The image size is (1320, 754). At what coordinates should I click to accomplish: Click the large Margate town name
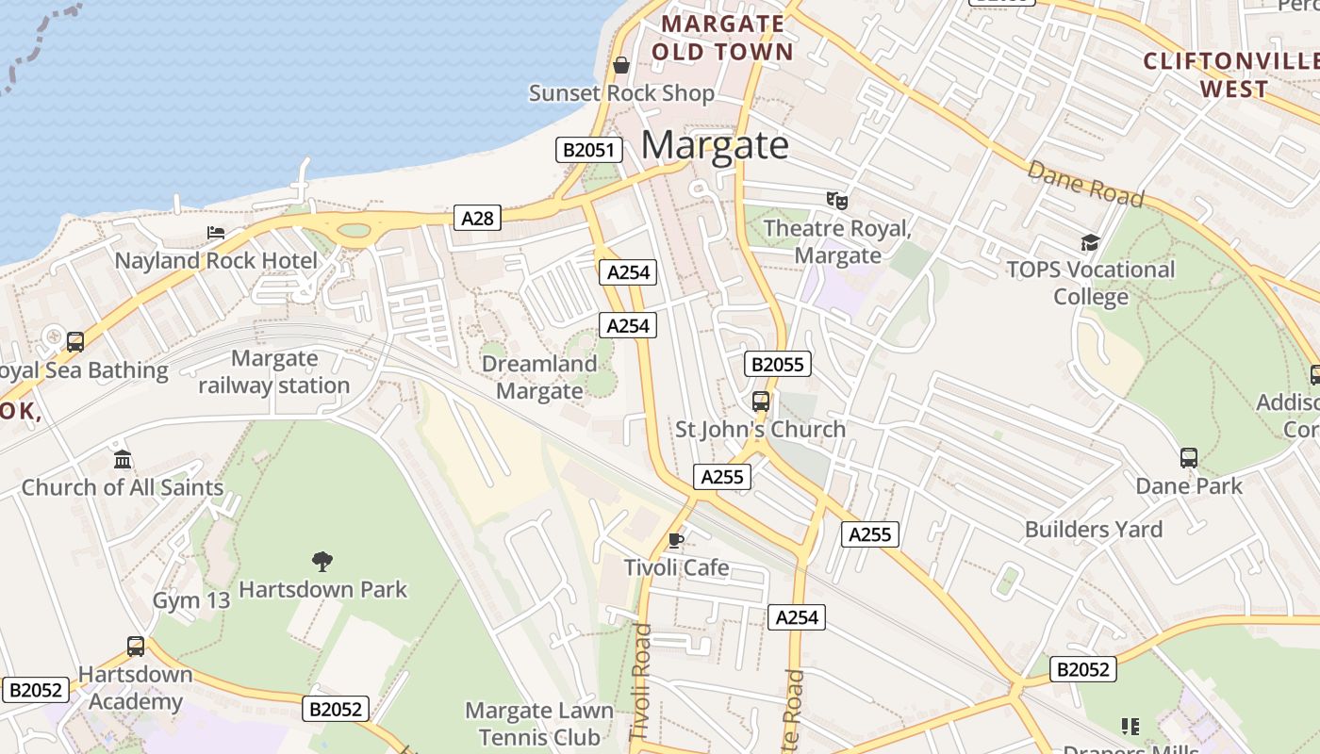(x=715, y=145)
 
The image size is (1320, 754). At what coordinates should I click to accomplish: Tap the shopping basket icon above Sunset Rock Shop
(x=621, y=65)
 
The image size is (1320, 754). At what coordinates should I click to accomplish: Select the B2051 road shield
(x=589, y=150)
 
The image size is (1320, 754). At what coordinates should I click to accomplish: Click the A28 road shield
(x=477, y=218)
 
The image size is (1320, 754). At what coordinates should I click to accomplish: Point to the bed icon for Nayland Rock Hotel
(x=216, y=233)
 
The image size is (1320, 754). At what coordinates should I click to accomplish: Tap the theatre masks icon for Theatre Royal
(x=836, y=200)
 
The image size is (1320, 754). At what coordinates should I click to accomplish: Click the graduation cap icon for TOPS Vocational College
(x=1090, y=242)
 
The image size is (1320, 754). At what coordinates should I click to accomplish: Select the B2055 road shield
(x=778, y=364)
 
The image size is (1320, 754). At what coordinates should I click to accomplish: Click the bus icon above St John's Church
(x=761, y=402)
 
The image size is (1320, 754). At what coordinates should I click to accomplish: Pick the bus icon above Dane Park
(x=1189, y=458)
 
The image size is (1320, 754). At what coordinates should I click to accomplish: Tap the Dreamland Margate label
(x=539, y=377)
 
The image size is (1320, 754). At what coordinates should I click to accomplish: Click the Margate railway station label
(x=274, y=372)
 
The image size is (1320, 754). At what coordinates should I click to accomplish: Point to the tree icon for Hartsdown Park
(x=322, y=562)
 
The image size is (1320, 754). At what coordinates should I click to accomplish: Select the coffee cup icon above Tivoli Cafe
(x=675, y=540)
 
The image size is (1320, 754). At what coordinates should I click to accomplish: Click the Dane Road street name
(x=1085, y=184)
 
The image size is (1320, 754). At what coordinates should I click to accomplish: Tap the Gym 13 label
(x=191, y=600)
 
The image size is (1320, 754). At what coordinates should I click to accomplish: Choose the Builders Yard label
(x=1094, y=529)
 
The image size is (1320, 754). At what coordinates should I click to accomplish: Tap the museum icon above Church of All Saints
(x=123, y=460)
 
